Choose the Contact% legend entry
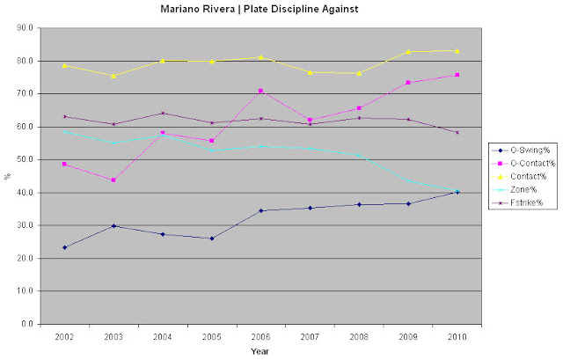(x=521, y=175)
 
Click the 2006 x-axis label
(x=260, y=336)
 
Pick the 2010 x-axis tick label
(x=456, y=336)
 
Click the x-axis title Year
(x=260, y=349)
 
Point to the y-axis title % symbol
(x=8, y=176)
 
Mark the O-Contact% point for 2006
(x=260, y=91)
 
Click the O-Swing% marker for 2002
(x=65, y=247)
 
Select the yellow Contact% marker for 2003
(x=113, y=76)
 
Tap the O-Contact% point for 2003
(x=113, y=180)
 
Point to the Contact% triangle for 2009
(x=407, y=51)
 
